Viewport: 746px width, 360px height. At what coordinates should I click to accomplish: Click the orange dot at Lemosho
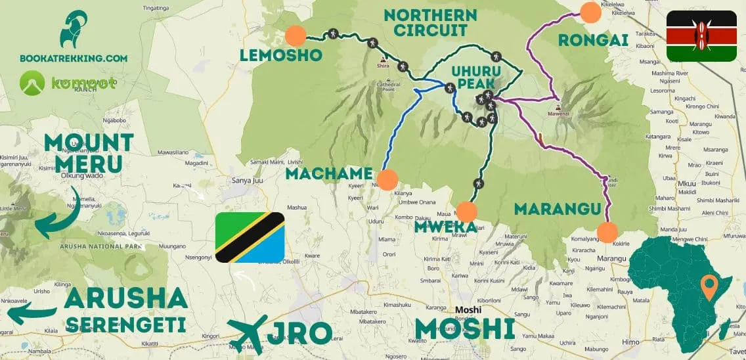[296, 35]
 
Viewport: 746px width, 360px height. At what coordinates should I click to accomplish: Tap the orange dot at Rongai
[591, 12]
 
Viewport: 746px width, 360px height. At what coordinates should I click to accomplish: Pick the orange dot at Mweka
[466, 212]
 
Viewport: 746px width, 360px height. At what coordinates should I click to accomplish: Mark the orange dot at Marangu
[607, 232]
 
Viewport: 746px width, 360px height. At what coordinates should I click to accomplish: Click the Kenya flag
[701, 36]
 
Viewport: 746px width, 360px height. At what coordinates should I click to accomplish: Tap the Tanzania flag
[250, 237]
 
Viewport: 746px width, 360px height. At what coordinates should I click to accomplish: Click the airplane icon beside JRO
[249, 334]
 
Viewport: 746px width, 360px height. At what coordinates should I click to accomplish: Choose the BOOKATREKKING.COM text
[74, 58]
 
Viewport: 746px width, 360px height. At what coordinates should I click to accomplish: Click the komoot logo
[68, 83]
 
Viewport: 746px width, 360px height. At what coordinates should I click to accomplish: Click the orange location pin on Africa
[709, 287]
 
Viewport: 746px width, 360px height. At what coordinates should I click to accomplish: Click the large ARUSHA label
[127, 299]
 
